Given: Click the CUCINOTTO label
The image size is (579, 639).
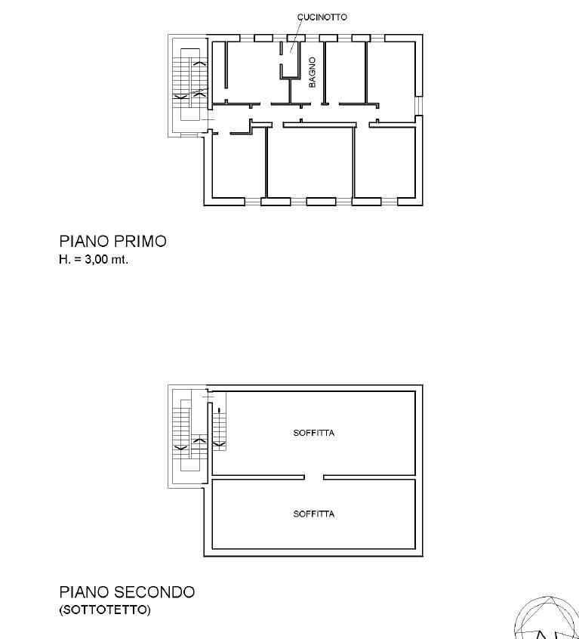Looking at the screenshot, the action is [x=322, y=17].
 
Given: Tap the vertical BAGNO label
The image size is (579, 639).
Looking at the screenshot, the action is [x=313, y=72].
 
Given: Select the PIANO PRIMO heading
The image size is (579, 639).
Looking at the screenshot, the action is [x=112, y=241].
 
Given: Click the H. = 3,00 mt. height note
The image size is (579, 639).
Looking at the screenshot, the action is [x=94, y=260].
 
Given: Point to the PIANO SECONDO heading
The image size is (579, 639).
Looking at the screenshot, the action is [x=127, y=592].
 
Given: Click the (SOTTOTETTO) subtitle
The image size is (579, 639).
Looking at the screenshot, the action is [x=105, y=610].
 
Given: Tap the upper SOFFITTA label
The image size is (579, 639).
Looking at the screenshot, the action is [x=314, y=433].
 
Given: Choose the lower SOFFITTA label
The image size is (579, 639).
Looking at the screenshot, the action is [x=314, y=514].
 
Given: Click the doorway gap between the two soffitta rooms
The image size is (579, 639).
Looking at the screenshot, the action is [x=314, y=477].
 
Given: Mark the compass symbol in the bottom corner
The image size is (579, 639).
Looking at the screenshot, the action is [x=547, y=619].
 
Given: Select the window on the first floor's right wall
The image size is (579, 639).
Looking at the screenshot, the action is [x=419, y=106].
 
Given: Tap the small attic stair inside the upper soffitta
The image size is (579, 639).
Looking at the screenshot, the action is [x=220, y=428].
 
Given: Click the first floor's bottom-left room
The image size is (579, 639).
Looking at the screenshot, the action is [x=239, y=166].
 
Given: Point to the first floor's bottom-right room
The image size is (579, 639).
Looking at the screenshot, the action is [x=385, y=163].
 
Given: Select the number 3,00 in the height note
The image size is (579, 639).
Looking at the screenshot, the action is [x=97, y=260].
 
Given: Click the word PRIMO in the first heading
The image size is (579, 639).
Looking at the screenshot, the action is [x=140, y=241].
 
